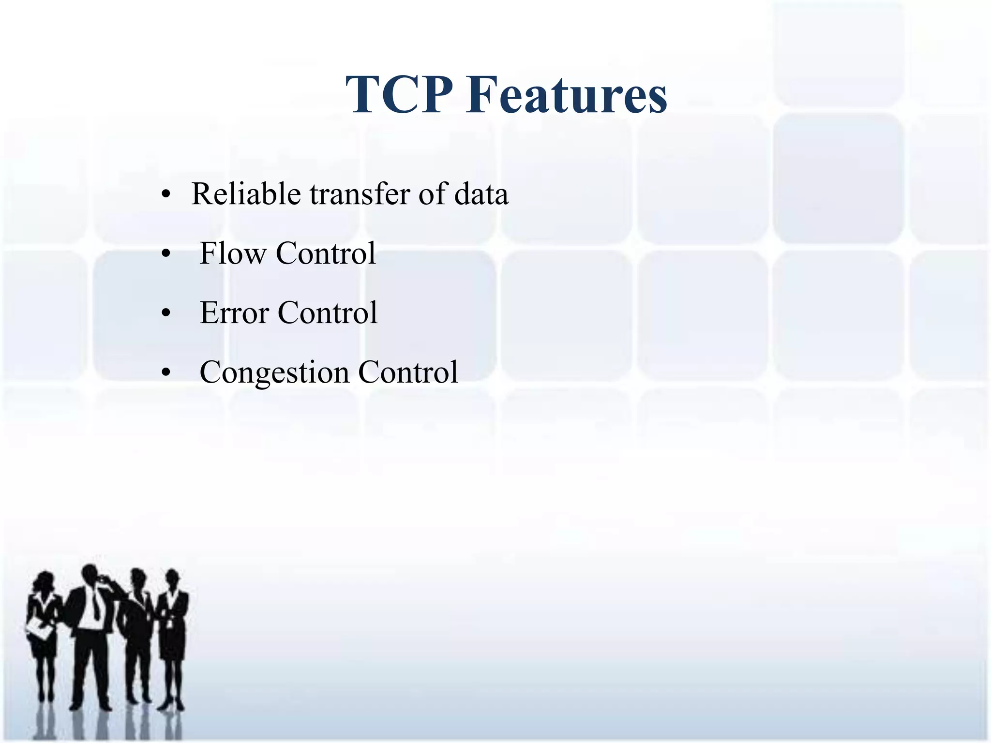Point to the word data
click(481, 194)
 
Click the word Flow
click(233, 253)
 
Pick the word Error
click(234, 313)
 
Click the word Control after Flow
click(326, 253)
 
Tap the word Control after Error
click(328, 313)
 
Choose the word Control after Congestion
click(408, 372)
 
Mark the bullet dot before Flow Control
click(166, 255)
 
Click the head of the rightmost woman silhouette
click(172, 579)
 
